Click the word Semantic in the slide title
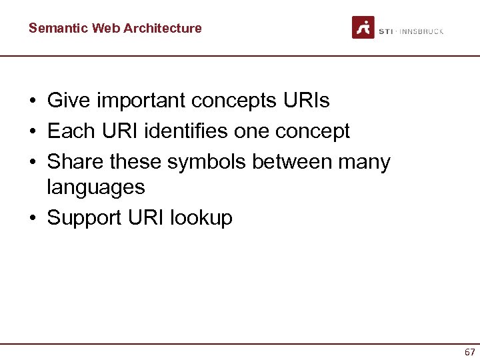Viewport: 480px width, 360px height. pyautogui.click(x=58, y=28)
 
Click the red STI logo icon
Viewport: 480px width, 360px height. pyautogui.click(x=363, y=27)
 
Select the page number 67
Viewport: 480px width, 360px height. pyautogui.click(x=470, y=352)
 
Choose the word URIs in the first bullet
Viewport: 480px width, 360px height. pyautogui.click(x=306, y=101)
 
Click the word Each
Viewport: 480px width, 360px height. pyautogui.click(x=70, y=131)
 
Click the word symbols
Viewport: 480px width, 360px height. pyautogui.click(x=207, y=162)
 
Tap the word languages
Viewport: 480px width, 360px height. pyautogui.click(x=95, y=187)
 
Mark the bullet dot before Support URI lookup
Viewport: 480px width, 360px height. pyautogui.click(x=33, y=218)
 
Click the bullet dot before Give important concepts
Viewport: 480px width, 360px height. pyautogui.click(x=33, y=101)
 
